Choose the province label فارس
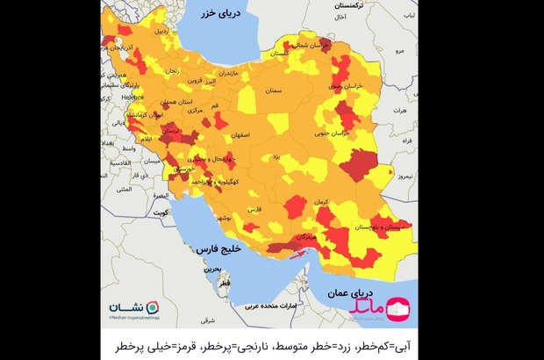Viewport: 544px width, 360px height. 254,211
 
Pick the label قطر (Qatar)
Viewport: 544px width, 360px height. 226,285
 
